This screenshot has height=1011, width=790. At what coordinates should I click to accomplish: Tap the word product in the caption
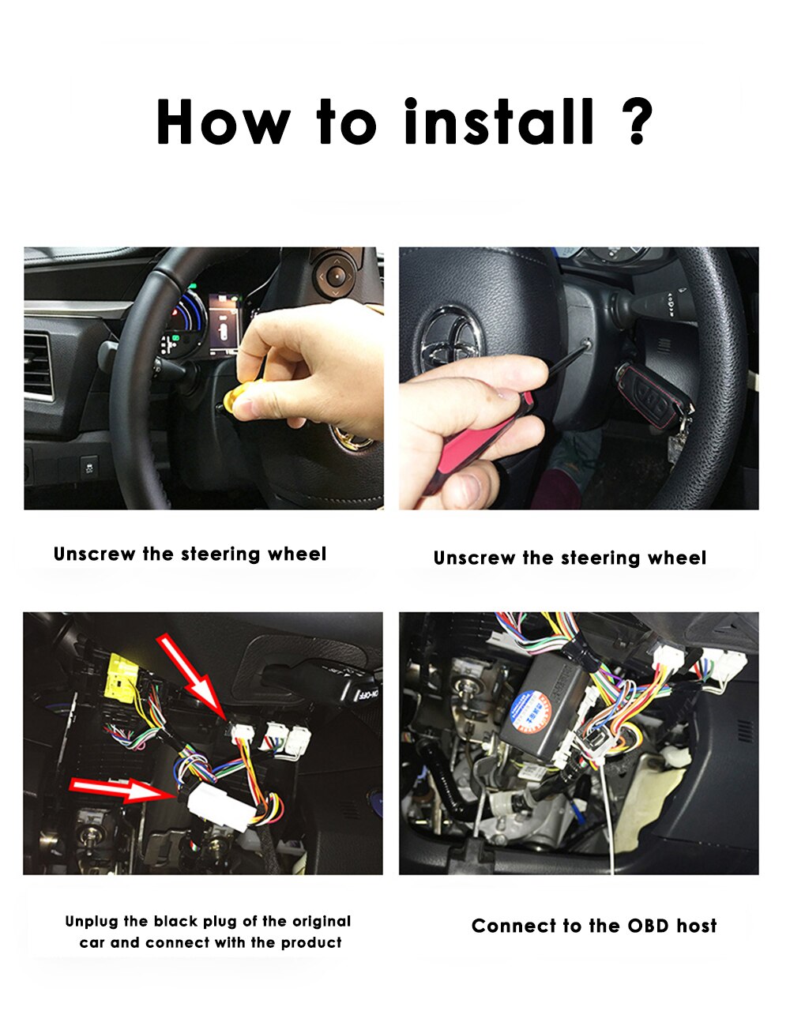coord(311,942)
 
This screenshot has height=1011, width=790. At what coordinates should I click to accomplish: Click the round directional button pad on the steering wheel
coord(335,276)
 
